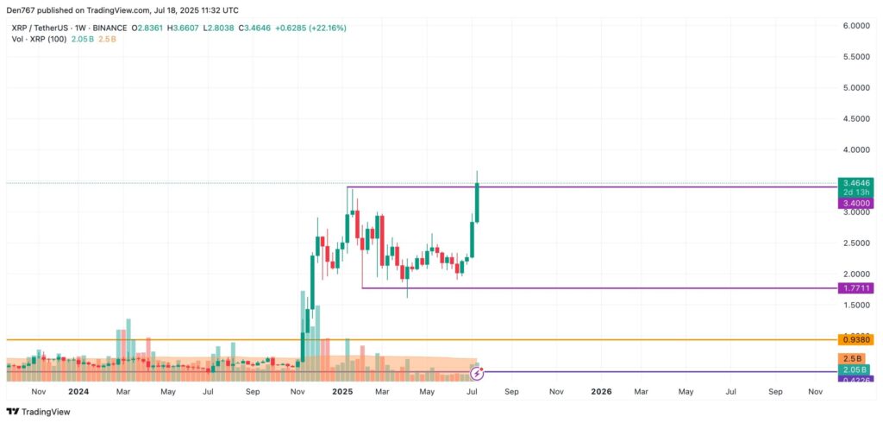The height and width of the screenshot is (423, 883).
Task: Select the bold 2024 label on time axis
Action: [x=78, y=391]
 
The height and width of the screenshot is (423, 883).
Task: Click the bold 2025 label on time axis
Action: [x=342, y=391]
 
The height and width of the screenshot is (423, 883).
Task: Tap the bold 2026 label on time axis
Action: [x=601, y=391]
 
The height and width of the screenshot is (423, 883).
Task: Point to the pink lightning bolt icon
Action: [x=477, y=374]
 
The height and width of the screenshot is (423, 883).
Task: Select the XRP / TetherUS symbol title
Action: [x=41, y=28]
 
